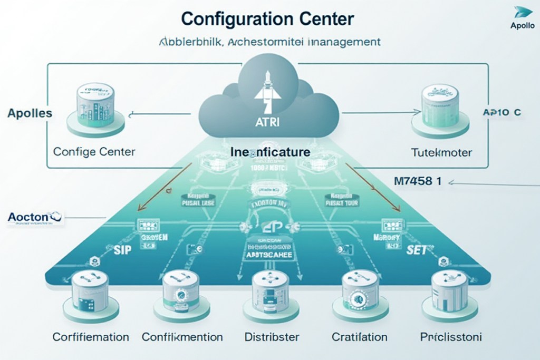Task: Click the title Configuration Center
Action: (267, 18)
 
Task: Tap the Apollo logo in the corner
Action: (522, 17)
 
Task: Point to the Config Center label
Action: (94, 152)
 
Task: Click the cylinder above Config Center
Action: (96, 106)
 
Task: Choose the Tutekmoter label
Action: (441, 152)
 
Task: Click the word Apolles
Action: (30, 113)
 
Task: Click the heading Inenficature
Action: (270, 152)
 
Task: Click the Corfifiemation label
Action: (91, 337)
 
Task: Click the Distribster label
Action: (272, 337)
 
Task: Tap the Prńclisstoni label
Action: (451, 337)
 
